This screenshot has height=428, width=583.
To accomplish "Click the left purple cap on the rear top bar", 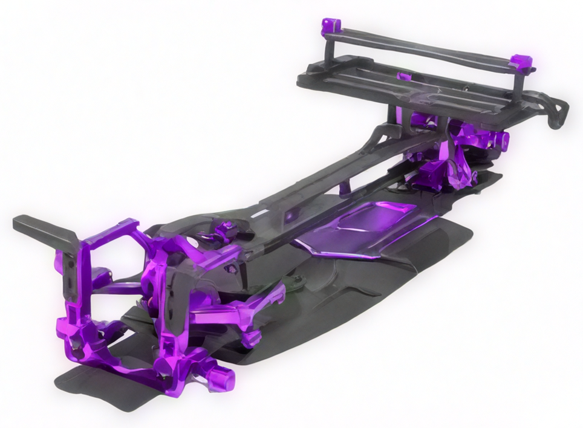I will point(330,26).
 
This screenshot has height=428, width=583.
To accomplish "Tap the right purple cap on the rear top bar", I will point(521,62).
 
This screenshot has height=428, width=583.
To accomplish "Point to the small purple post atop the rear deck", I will point(404,76).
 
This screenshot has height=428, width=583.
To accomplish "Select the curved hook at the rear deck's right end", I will point(557,114).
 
